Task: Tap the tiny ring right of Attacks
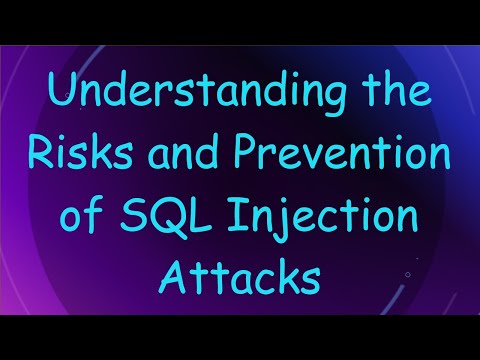point(406,270)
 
